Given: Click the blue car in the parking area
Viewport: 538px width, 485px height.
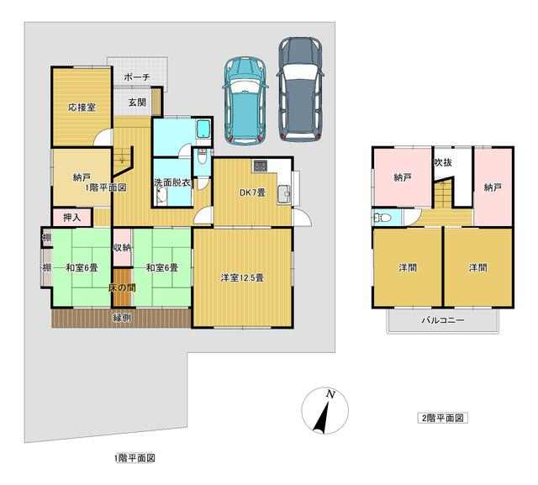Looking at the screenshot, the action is [x=245, y=99].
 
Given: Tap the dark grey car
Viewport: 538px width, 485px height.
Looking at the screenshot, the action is [x=301, y=89].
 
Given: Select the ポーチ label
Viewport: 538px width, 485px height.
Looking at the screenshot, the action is [x=137, y=76].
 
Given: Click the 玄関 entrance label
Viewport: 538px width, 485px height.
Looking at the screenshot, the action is [x=137, y=102].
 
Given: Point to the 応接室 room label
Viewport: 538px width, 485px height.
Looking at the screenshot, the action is [x=82, y=108].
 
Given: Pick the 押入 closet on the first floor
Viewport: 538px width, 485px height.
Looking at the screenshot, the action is [x=72, y=218].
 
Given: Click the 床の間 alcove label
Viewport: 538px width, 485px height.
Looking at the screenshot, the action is [x=122, y=288].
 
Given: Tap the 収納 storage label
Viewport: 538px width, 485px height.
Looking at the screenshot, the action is [x=122, y=247].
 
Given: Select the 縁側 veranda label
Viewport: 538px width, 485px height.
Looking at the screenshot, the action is [x=122, y=319].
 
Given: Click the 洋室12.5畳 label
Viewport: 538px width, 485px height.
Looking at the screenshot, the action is [x=242, y=277].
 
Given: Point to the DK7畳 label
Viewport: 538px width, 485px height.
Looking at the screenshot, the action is [x=252, y=192].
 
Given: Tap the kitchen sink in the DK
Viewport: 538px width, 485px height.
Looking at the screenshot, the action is [x=285, y=193].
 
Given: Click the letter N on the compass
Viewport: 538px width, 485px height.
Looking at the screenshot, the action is [x=330, y=394].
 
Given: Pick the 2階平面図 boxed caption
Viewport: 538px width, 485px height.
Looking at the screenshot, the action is [x=443, y=418].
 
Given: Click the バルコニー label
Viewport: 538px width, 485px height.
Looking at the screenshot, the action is [x=443, y=320].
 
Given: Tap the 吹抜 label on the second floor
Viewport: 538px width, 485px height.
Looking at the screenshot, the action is [x=443, y=162].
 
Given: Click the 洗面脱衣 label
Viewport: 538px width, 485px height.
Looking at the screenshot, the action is [x=172, y=182].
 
